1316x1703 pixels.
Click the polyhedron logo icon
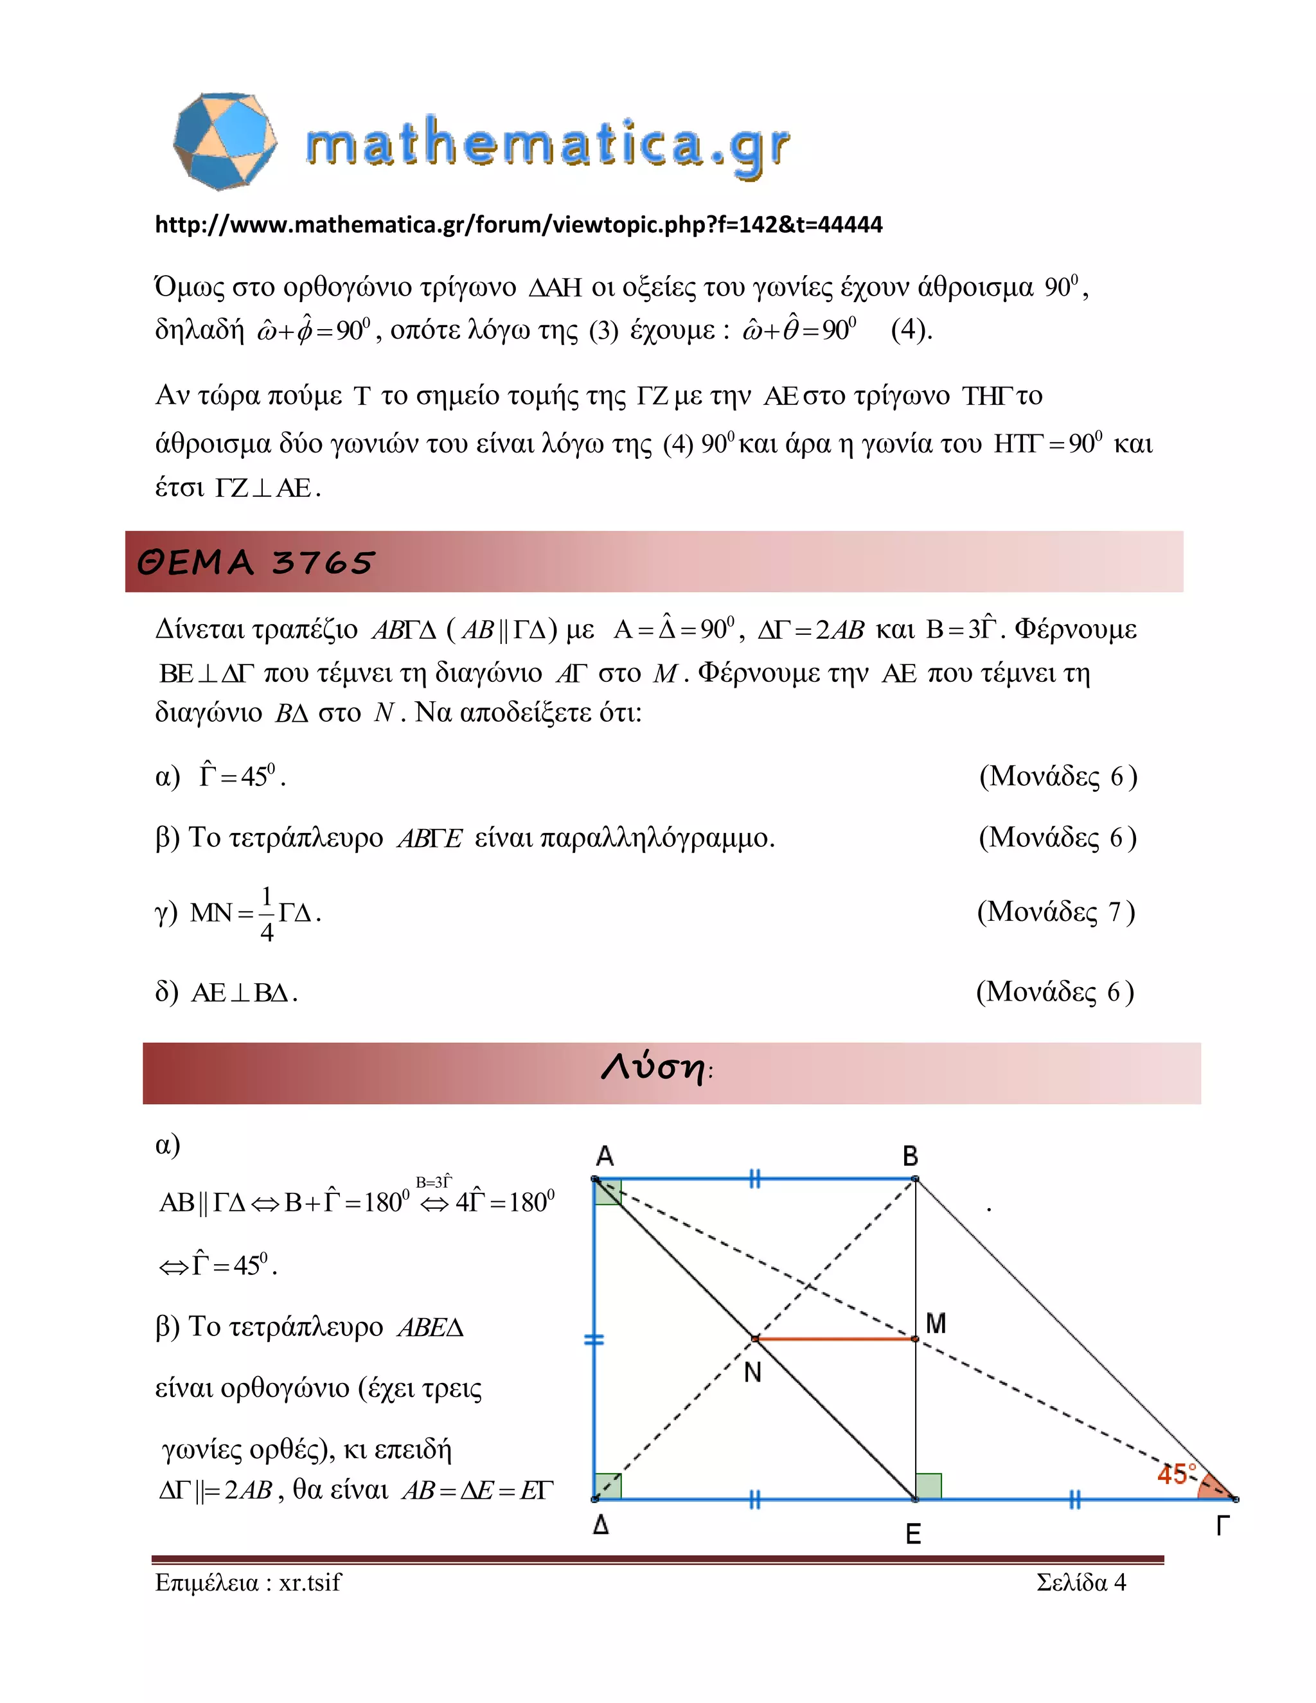click(x=224, y=141)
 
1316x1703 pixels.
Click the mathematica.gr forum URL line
click(x=519, y=224)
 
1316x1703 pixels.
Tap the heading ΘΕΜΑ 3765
click(x=256, y=562)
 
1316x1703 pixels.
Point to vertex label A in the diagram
click(x=605, y=1155)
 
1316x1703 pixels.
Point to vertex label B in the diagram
click(x=910, y=1155)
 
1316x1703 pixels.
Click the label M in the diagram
click(x=936, y=1323)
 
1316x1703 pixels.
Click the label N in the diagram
click(x=752, y=1373)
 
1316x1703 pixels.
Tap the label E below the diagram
click(x=913, y=1535)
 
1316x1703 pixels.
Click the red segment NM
click(x=834, y=1339)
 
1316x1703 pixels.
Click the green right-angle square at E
click(x=929, y=1485)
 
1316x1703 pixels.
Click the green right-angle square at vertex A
click(x=608, y=1192)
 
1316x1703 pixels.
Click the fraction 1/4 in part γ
click(x=267, y=913)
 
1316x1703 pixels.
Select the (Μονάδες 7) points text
click(x=1056, y=911)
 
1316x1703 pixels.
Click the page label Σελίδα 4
click(x=1081, y=1582)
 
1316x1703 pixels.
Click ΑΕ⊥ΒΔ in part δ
click(x=244, y=993)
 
